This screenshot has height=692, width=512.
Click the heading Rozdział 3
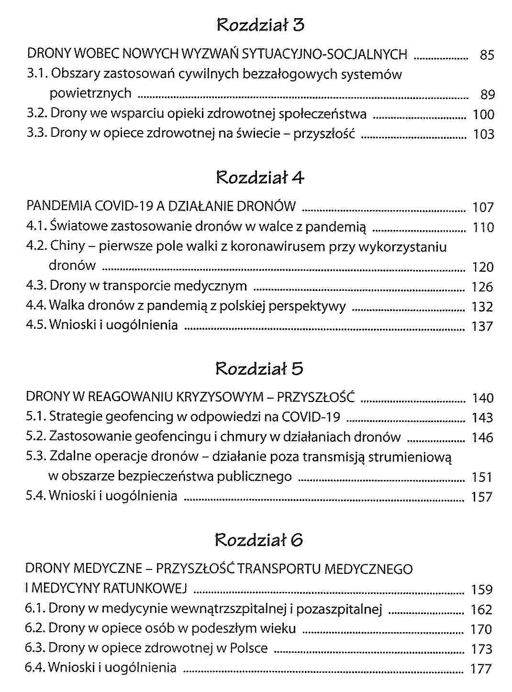click(x=260, y=25)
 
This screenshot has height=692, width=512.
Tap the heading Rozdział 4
click(x=260, y=178)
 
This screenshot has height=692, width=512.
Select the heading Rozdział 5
click(x=259, y=368)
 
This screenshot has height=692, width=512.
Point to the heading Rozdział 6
click(x=259, y=540)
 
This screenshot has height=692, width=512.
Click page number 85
click(x=487, y=56)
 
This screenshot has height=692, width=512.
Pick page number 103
click(x=483, y=134)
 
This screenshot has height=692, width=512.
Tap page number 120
click(x=482, y=267)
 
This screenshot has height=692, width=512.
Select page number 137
click(x=482, y=326)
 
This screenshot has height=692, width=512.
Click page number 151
click(x=482, y=478)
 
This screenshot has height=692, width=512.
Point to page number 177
click(x=481, y=669)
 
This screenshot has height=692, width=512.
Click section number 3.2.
click(x=36, y=114)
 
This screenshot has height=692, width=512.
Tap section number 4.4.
click(x=36, y=306)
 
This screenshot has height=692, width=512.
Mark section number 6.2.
click(x=35, y=628)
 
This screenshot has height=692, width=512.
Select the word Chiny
click(x=67, y=246)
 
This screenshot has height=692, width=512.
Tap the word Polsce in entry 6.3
click(x=249, y=648)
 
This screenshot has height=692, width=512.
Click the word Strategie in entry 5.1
click(x=76, y=417)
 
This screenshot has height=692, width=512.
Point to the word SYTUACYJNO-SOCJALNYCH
click(x=325, y=54)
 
